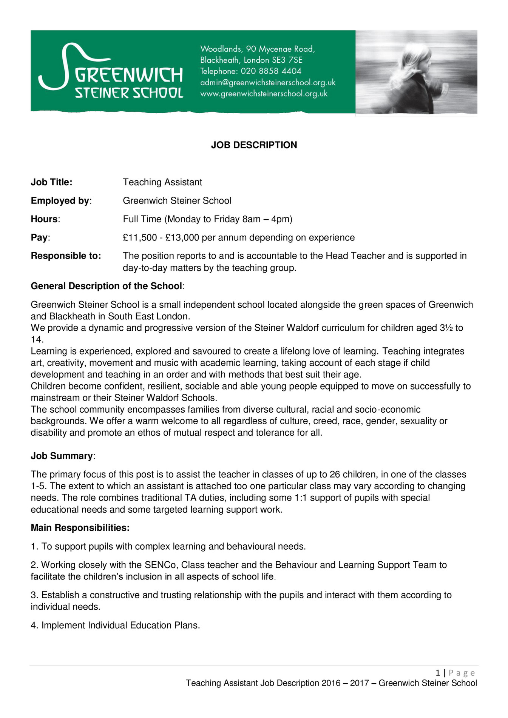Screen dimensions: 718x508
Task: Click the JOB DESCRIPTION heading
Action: pos(254,145)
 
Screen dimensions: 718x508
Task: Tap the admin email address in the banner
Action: pos(267,82)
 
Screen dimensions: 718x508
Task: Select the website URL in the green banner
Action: pos(264,94)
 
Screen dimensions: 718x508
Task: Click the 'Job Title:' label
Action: pos(51,182)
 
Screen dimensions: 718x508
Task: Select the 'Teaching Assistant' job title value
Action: pos(162,182)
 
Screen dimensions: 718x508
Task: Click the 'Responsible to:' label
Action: pos(66,256)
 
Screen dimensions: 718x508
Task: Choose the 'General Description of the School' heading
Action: pos(107,286)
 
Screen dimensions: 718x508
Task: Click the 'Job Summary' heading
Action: pos(62,456)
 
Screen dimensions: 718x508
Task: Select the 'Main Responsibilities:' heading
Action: pos(80,528)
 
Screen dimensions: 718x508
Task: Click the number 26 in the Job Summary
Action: pos(335,475)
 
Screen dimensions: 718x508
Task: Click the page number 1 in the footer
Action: pos(438,673)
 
